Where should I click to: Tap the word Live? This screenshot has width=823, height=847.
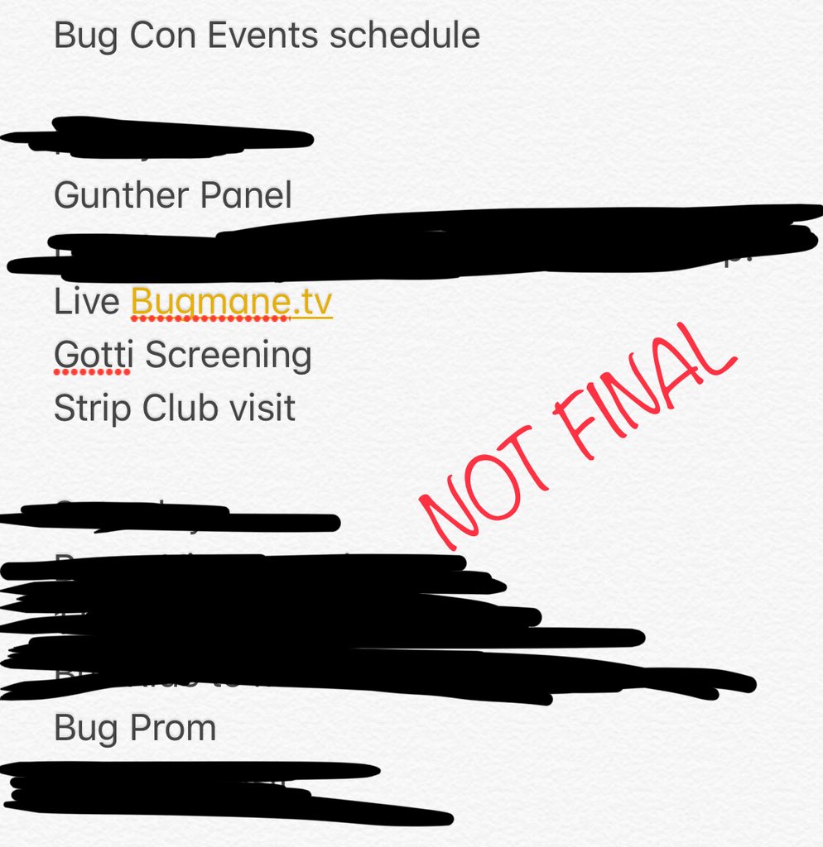[x=86, y=302]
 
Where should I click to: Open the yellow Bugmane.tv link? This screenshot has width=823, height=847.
[x=231, y=303]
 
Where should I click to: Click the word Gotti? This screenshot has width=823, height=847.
[x=91, y=355]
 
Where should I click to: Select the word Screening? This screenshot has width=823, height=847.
[x=229, y=355]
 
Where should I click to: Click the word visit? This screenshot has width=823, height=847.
[x=260, y=408]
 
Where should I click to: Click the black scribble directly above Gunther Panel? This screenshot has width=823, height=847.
[x=166, y=136]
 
